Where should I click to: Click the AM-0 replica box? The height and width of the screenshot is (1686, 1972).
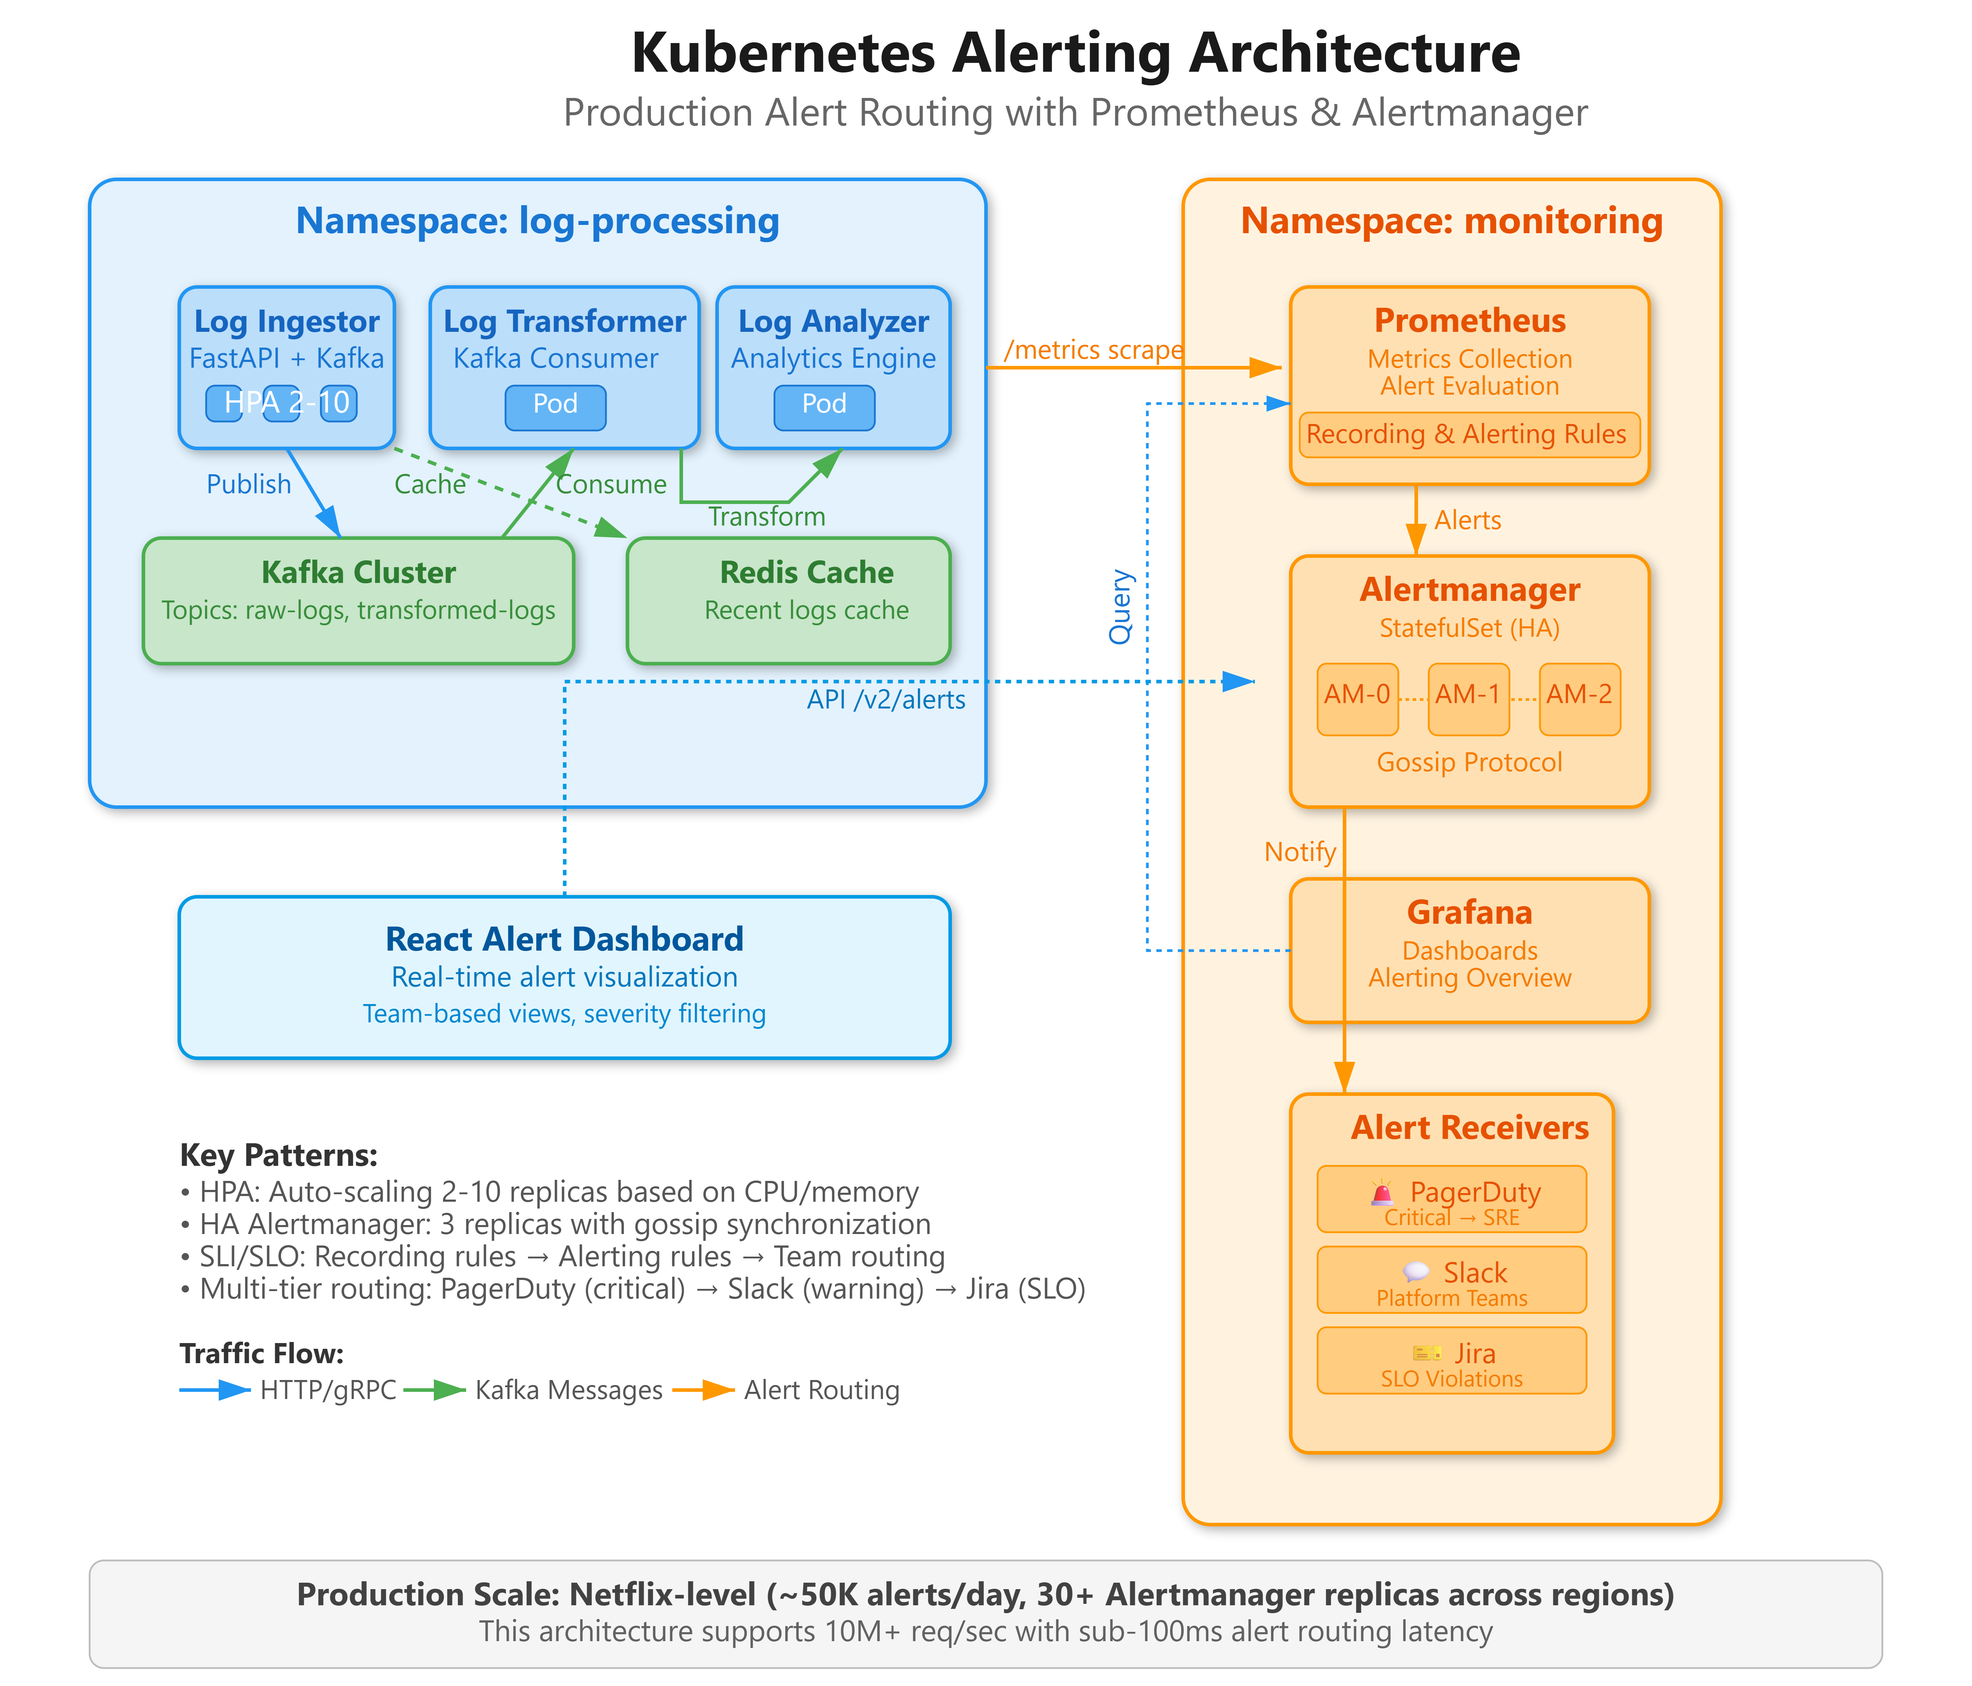point(1357,699)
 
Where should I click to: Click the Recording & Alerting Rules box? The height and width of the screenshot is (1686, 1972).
point(1469,435)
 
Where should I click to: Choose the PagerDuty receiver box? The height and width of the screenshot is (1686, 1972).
point(1451,1198)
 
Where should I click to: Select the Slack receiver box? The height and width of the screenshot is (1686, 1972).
point(1451,1280)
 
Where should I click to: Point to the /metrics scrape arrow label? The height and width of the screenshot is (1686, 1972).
point(1092,350)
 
